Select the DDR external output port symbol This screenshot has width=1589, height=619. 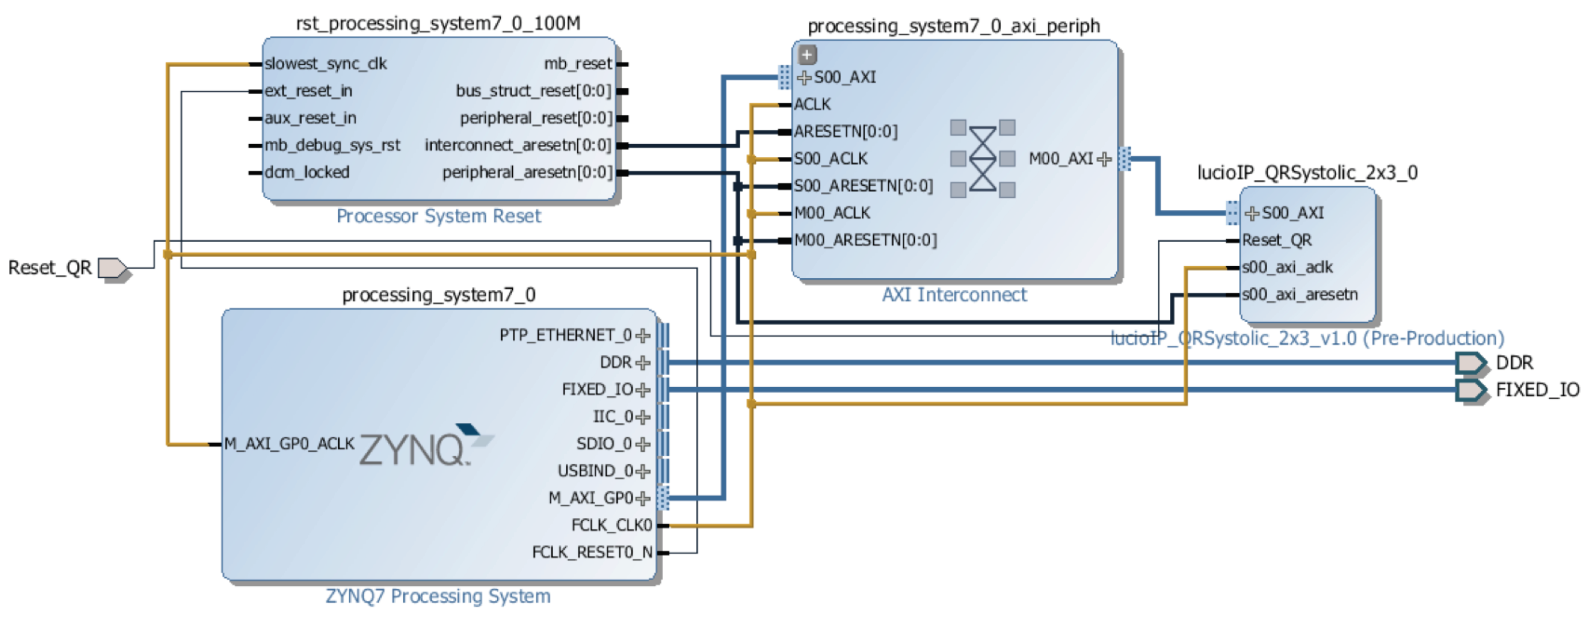pos(1471,363)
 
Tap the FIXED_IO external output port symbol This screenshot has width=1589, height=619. pos(1471,390)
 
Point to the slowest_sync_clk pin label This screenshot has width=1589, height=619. pos(326,63)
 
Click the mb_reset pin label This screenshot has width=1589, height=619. pos(577,63)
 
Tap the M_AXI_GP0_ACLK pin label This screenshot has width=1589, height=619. pos(289,444)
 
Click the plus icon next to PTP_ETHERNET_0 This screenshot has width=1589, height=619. pos(643,336)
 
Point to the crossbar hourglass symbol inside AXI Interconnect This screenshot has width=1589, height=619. pos(983,159)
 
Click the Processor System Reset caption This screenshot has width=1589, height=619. pos(439,216)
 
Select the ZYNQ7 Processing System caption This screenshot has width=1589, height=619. pos(438,596)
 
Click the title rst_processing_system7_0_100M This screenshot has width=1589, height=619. pos(438,23)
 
